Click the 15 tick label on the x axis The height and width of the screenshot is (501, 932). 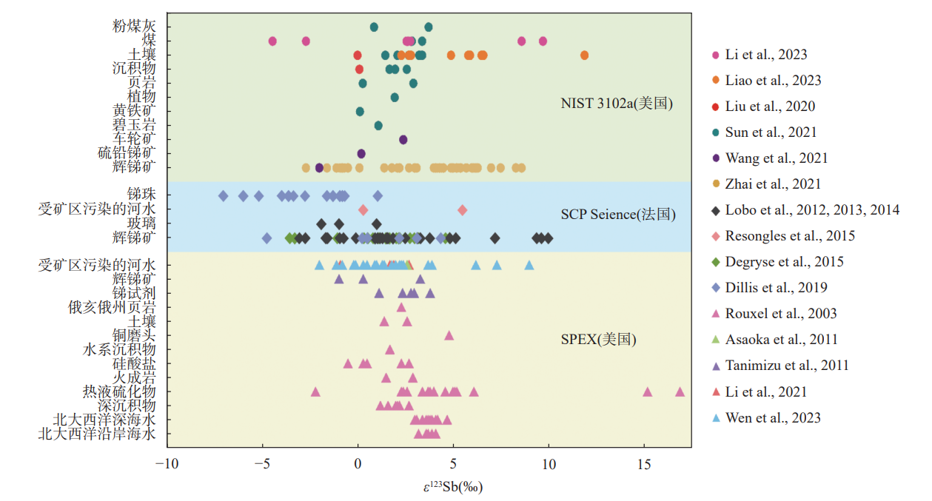(644, 463)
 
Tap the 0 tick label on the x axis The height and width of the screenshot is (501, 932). (358, 463)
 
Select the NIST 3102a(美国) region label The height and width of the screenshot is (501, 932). (617, 104)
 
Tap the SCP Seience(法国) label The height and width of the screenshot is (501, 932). (618, 215)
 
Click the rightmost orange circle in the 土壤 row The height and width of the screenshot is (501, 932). (585, 56)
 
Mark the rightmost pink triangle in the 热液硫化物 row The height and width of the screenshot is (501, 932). (680, 391)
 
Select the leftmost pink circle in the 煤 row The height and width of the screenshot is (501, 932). (272, 41)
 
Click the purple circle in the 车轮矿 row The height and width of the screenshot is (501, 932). (403, 139)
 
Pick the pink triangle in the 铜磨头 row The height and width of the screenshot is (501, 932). (449, 335)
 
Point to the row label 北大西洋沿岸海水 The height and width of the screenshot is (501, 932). (97, 434)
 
